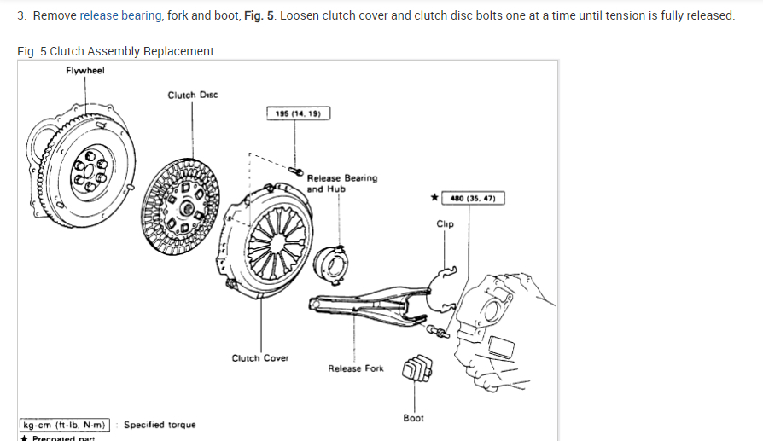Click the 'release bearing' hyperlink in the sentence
pyautogui.click(x=120, y=15)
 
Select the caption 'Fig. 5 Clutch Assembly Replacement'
pyautogui.click(x=115, y=51)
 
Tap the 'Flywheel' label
pyautogui.click(x=85, y=71)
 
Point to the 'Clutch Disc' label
pyautogui.click(x=192, y=95)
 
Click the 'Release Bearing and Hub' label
pyautogui.click(x=341, y=183)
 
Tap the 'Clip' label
pyautogui.click(x=445, y=224)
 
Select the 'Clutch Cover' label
pyautogui.click(x=260, y=358)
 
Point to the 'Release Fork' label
pyautogui.click(x=356, y=368)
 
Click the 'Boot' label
pyautogui.click(x=414, y=418)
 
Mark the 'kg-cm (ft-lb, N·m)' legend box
pyautogui.click(x=65, y=425)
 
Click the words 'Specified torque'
pyautogui.click(x=160, y=425)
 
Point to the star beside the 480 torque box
pyautogui.click(x=434, y=198)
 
